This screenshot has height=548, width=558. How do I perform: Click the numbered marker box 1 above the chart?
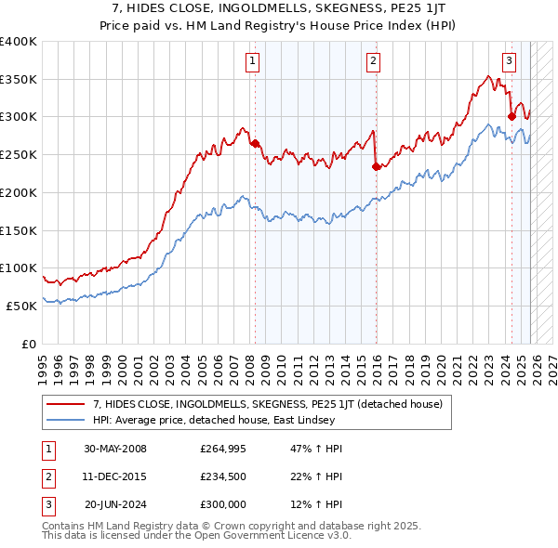(253, 62)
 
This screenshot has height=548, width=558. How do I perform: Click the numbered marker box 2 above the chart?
(373, 62)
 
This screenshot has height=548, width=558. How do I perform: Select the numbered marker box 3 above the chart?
(510, 62)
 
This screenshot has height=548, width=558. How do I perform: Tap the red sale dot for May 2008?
(255, 143)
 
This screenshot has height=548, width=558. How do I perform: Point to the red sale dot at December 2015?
(376, 166)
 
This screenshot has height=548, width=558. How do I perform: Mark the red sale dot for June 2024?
(511, 117)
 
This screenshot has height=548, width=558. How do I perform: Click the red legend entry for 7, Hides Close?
(246, 404)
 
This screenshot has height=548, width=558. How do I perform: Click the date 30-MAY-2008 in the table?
(114, 449)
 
